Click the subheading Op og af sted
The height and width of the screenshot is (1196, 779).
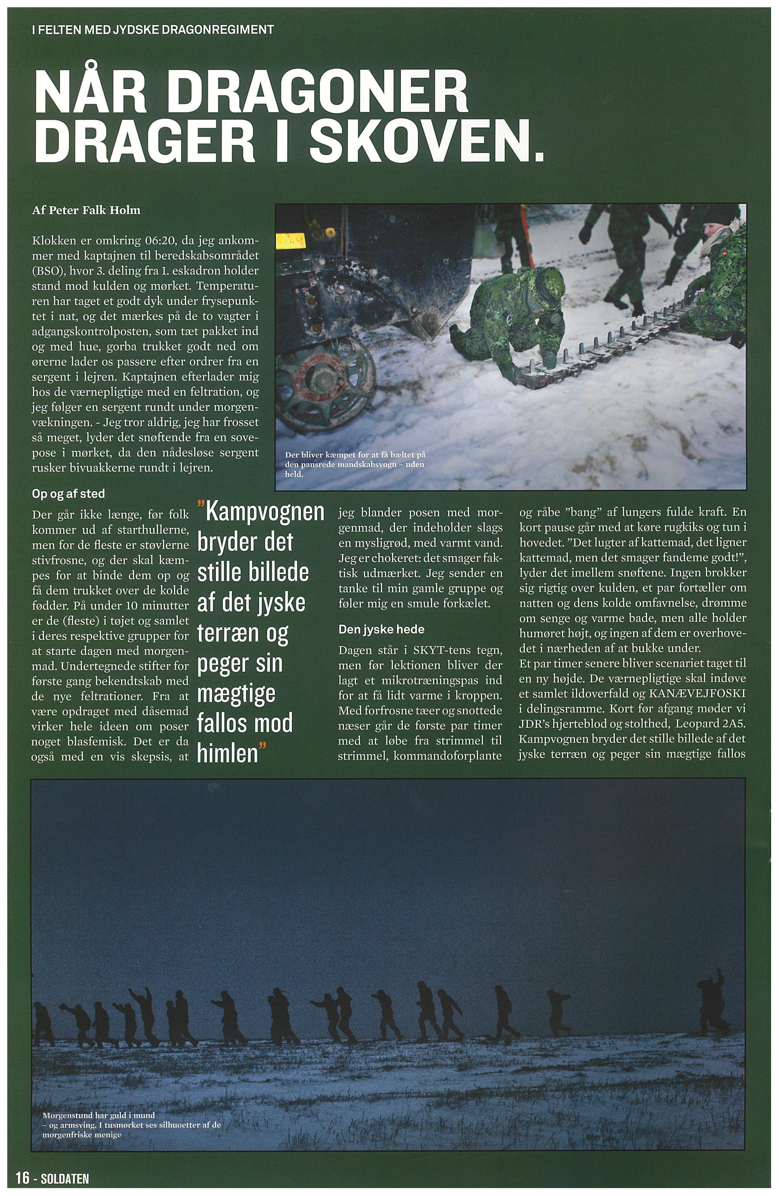point(68,494)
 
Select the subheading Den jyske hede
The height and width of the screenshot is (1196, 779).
point(382,629)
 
